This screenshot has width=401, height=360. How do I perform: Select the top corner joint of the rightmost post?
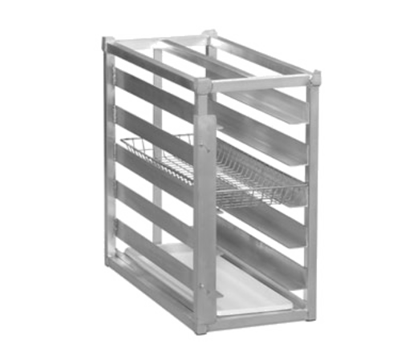315,75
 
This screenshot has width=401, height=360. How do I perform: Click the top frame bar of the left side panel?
152,61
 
